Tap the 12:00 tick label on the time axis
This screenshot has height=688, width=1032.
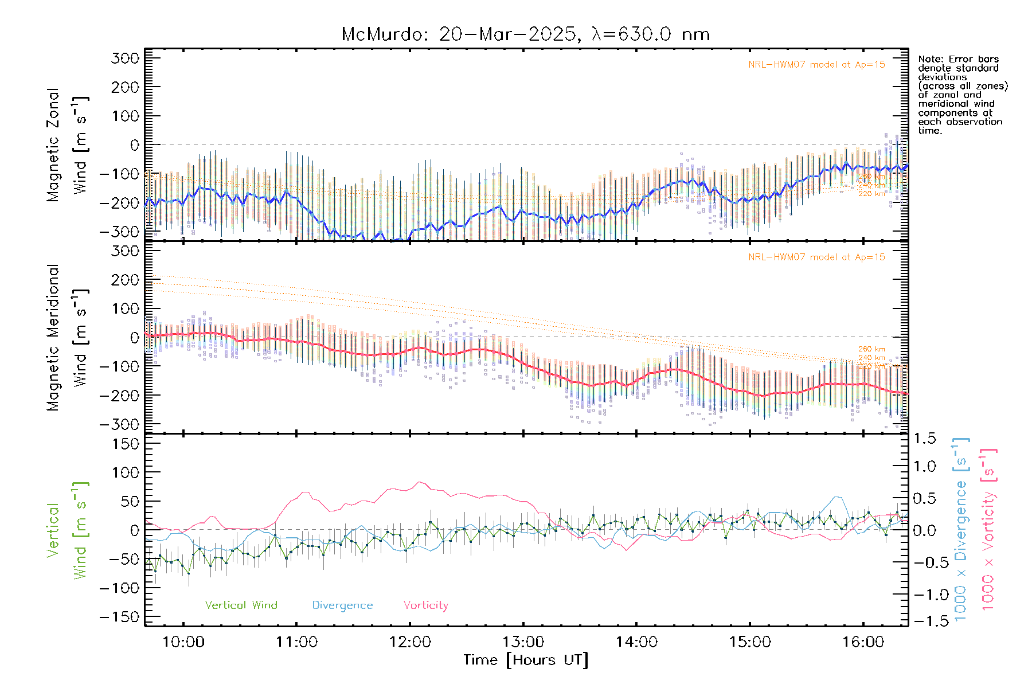(410, 642)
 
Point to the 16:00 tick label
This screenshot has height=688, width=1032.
(863, 642)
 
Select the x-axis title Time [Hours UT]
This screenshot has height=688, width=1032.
(526, 660)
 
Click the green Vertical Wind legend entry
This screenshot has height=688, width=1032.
(241, 605)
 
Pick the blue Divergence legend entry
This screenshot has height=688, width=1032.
(342, 605)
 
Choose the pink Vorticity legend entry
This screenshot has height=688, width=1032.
(425, 605)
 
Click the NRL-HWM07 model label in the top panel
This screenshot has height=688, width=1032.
(816, 65)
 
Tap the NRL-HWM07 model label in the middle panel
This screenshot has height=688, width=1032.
(816, 257)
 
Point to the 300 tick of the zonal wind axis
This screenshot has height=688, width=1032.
(126, 58)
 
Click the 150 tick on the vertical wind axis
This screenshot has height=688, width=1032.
(126, 444)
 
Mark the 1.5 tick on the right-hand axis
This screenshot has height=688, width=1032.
(924, 439)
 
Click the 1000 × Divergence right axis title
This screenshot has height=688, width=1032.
(961, 529)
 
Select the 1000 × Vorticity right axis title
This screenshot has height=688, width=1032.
(988, 529)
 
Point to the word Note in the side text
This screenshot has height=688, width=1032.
(929, 59)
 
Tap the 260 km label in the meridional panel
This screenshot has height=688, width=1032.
(871, 349)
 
